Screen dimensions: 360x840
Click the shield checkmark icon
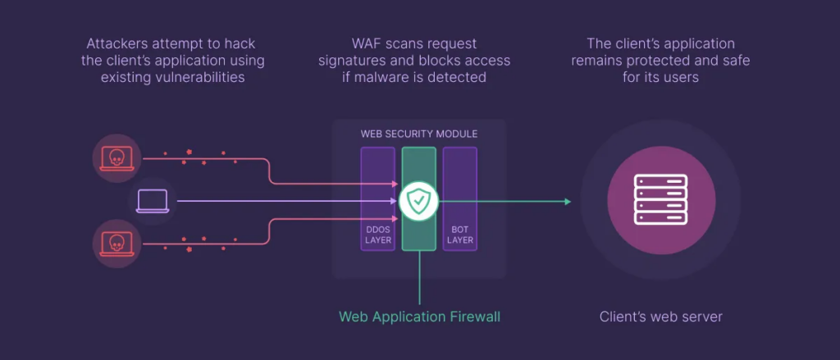pyautogui.click(x=419, y=199)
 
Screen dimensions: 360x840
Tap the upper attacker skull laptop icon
pyautogui.click(x=116, y=157)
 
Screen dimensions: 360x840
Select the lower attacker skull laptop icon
pyautogui.click(x=116, y=242)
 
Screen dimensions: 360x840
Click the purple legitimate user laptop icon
pyautogui.click(x=153, y=200)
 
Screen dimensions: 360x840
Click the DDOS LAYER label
pyautogui.click(x=377, y=234)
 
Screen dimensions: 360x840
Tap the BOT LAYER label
pyautogui.click(x=460, y=234)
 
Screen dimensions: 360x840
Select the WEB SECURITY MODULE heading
pyautogui.click(x=419, y=134)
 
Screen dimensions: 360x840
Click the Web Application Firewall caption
pyautogui.click(x=419, y=316)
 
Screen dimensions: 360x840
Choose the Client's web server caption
pyautogui.click(x=660, y=316)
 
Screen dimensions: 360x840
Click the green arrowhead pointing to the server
pyautogui.click(x=567, y=200)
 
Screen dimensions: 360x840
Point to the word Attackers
pyautogui.click(x=117, y=43)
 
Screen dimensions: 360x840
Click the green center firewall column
pyautogui.click(x=419, y=230)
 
